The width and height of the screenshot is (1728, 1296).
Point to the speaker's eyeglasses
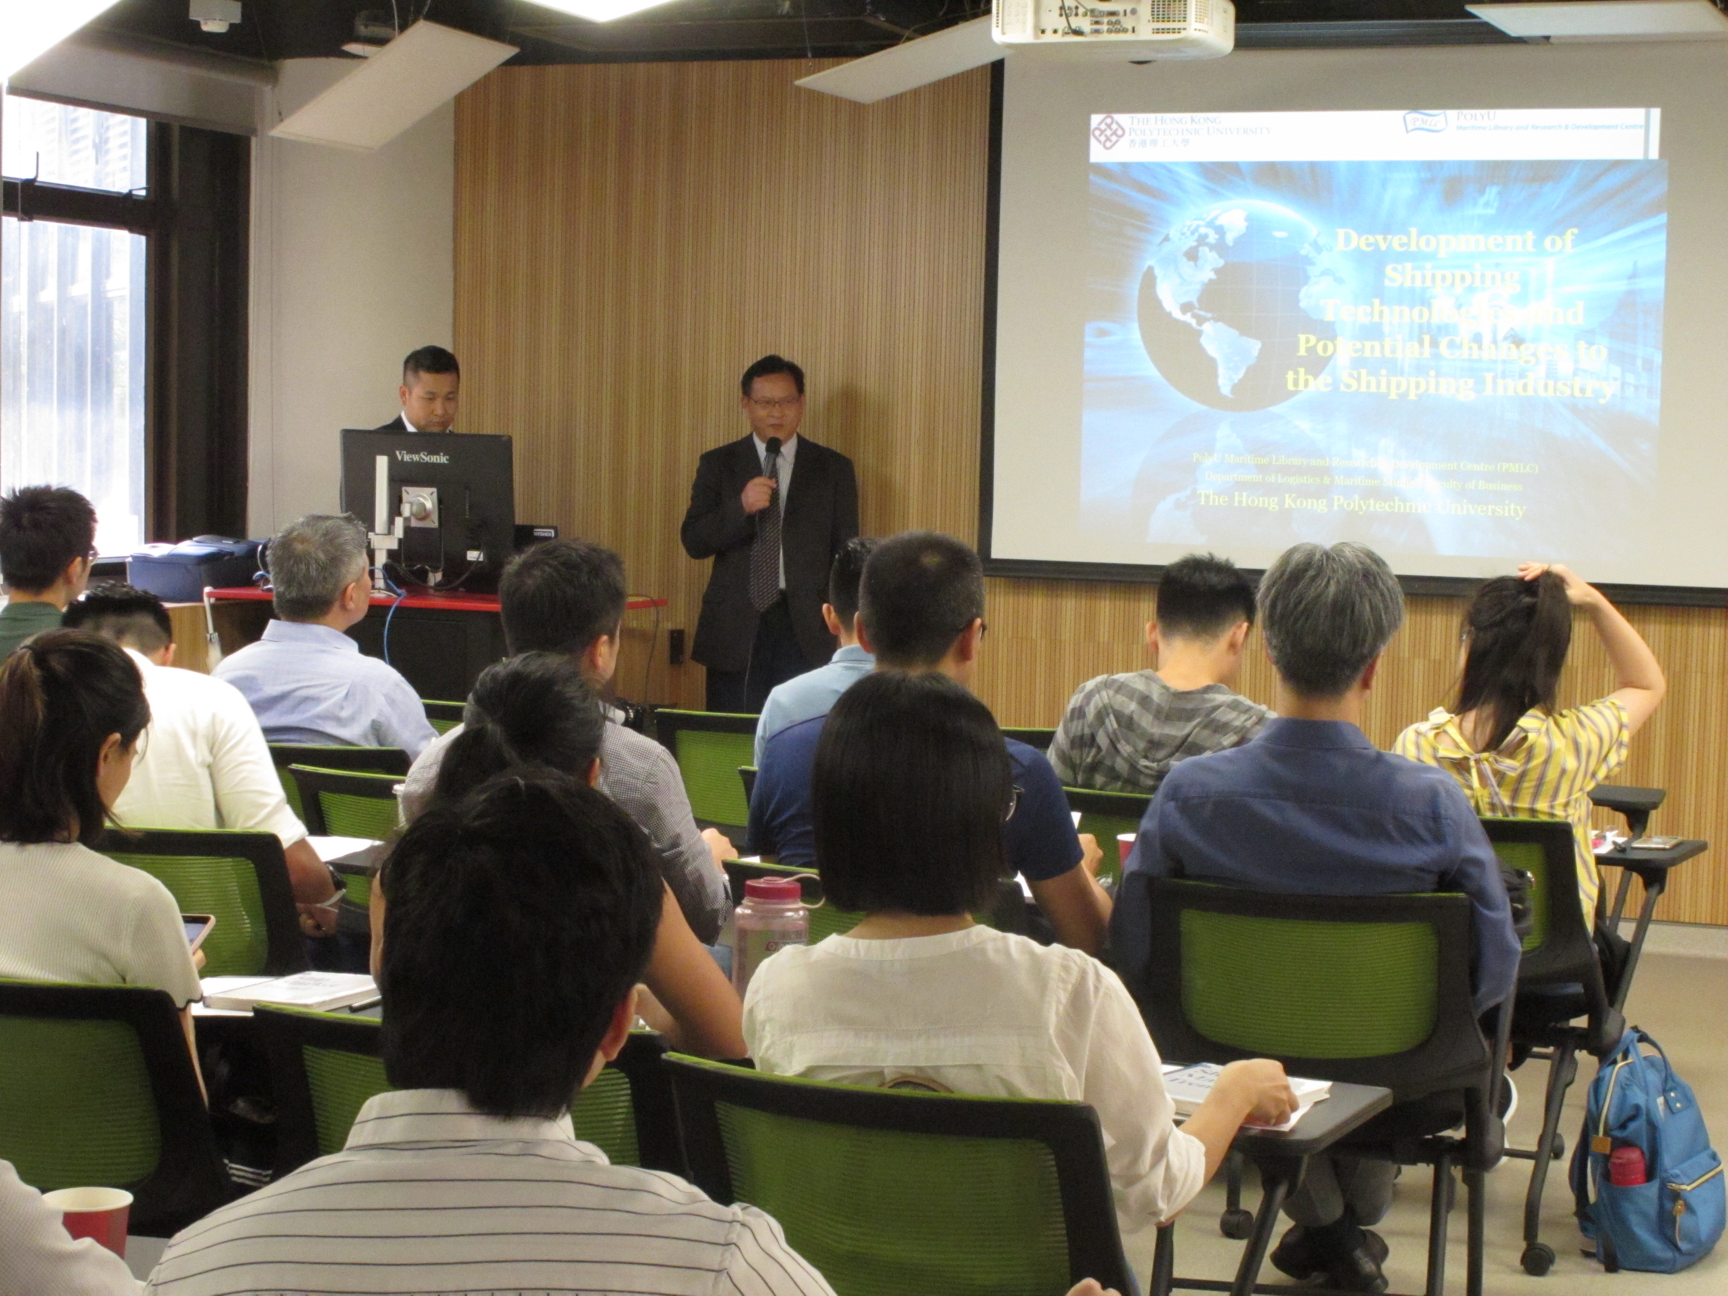(774, 402)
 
